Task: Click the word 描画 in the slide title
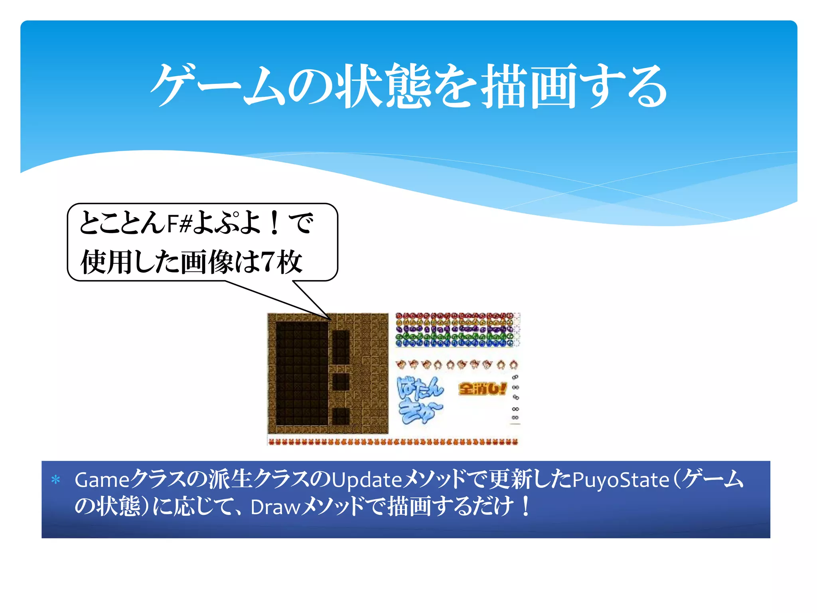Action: click(x=529, y=86)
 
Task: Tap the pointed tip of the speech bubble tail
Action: click(x=330, y=319)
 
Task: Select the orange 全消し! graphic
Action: click(x=482, y=389)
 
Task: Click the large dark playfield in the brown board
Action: click(x=302, y=374)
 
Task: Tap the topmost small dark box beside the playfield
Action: click(x=341, y=347)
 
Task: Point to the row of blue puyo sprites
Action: click(x=455, y=343)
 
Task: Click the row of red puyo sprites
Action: click(x=455, y=316)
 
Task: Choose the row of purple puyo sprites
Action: click(x=455, y=329)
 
